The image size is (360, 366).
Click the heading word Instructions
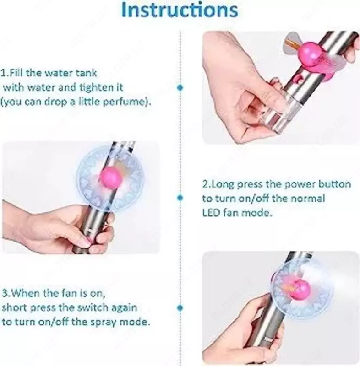coord(180,10)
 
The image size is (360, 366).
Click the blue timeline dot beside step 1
coord(180,88)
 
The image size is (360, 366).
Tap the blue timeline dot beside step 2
coord(180,198)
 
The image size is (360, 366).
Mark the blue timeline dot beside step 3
coord(180,307)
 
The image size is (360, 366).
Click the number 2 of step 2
coord(205,184)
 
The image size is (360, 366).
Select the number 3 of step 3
coord(5,293)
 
